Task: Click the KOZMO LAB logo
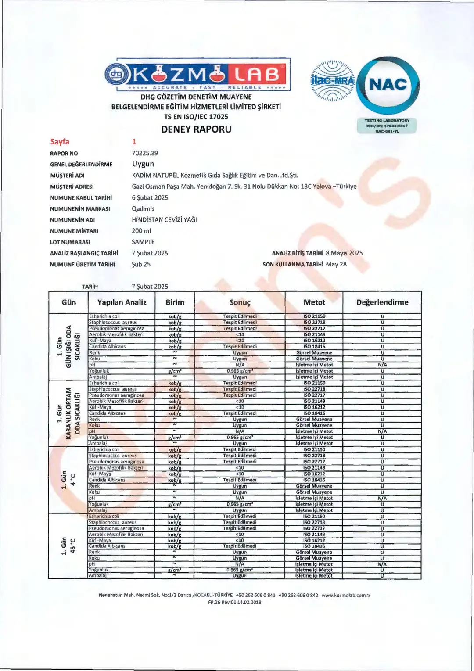pyautogui.click(x=197, y=75)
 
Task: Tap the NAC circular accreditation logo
pyautogui.click(x=388, y=85)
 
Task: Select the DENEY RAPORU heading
pyautogui.click(x=196, y=129)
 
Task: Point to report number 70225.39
pyautogui.click(x=145, y=153)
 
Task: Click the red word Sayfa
pyautogui.click(x=60, y=141)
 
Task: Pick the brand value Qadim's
pyautogui.click(x=143, y=209)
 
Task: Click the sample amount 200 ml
pyautogui.click(x=141, y=231)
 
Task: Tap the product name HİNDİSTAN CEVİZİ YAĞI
pyautogui.click(x=164, y=220)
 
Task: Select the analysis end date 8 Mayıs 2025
pyautogui.click(x=344, y=253)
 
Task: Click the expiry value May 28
pyautogui.click(x=336, y=264)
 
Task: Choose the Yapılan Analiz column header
pyautogui.click(x=122, y=302)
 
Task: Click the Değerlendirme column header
pyautogui.click(x=382, y=302)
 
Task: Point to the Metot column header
pyautogui.click(x=314, y=302)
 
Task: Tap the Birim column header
pyautogui.click(x=175, y=302)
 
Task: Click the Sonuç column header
pyautogui.click(x=240, y=302)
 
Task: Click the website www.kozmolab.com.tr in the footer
pyautogui.click(x=346, y=596)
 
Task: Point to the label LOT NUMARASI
pyautogui.click(x=70, y=242)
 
